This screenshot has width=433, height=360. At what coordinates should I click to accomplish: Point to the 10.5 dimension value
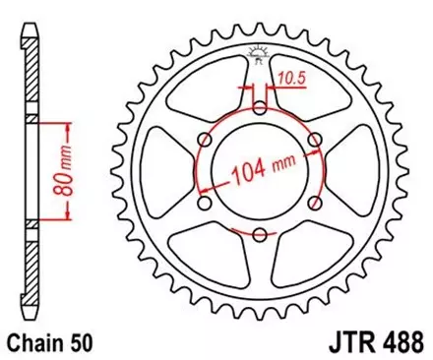(x=289, y=75)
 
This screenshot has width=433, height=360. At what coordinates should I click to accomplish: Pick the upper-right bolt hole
(x=313, y=141)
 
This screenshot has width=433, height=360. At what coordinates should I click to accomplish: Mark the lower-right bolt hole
(x=313, y=203)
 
